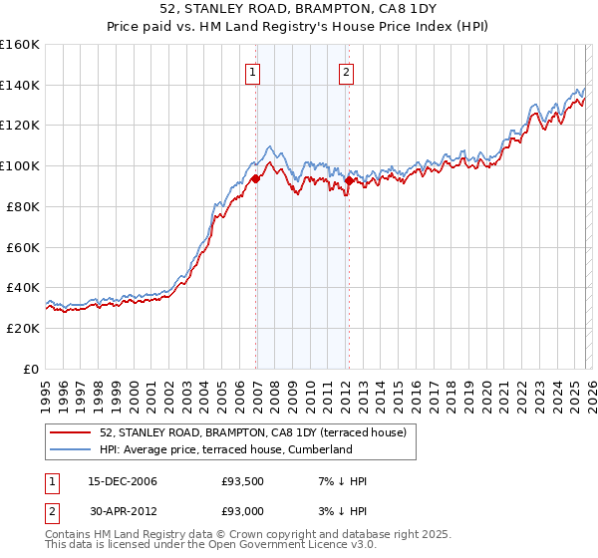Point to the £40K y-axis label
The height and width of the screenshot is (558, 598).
(x=23, y=288)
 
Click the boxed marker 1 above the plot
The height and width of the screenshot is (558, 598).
(x=252, y=72)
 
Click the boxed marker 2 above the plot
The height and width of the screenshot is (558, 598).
(x=346, y=72)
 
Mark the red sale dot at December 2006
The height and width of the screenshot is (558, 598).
(x=255, y=178)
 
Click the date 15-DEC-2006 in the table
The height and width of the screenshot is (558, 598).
(x=122, y=481)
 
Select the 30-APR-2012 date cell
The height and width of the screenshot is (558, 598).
(x=122, y=510)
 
